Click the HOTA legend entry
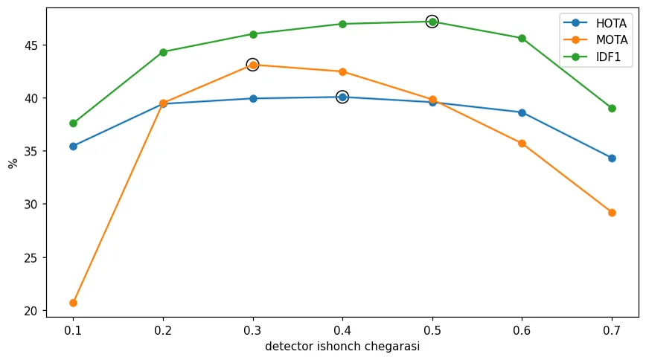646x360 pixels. click(595, 23)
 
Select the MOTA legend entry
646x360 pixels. click(595, 40)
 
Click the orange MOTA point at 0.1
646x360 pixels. click(74, 303)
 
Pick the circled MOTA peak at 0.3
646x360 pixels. click(252, 65)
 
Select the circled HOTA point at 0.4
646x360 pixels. click(342, 97)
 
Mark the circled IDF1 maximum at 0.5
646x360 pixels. click(432, 22)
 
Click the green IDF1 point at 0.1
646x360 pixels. click(74, 123)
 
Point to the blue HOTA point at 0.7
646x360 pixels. click(612, 158)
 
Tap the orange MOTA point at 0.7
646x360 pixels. click(612, 213)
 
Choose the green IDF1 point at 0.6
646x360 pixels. click(522, 39)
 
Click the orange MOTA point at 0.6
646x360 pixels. click(522, 144)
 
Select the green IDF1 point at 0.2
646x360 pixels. click(163, 52)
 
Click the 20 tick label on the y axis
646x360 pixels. click(31, 311)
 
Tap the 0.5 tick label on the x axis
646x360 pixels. click(432, 331)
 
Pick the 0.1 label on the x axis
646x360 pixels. click(74, 331)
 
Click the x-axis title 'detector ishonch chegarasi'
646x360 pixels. click(342, 347)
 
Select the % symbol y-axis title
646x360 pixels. click(13, 163)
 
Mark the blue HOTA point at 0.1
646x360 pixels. click(74, 147)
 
